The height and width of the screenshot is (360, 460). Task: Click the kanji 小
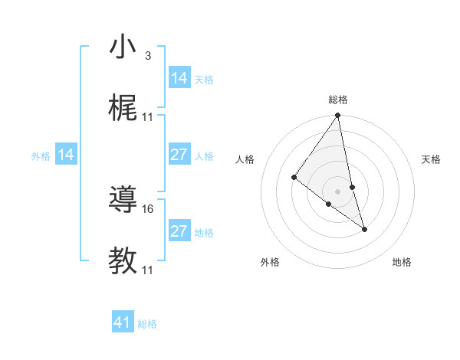click(123, 47)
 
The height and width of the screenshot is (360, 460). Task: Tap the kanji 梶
click(123, 109)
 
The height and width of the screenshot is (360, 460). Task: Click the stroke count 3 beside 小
click(147, 56)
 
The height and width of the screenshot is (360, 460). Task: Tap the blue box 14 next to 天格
click(179, 78)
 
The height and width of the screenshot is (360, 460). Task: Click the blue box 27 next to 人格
click(179, 155)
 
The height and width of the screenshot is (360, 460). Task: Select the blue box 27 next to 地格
click(179, 231)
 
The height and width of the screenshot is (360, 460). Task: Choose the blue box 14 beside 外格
click(66, 155)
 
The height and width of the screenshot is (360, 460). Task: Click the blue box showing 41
click(123, 322)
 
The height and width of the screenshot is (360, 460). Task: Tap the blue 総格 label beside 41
click(147, 324)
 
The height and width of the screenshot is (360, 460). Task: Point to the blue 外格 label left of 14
click(41, 155)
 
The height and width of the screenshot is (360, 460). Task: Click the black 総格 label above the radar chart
click(338, 100)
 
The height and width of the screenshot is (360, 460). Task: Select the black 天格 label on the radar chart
click(431, 159)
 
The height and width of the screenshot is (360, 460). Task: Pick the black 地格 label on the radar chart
click(402, 262)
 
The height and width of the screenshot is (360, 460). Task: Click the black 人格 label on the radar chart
click(245, 159)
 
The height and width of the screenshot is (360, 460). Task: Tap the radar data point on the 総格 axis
click(337, 116)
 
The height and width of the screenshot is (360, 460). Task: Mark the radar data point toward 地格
click(364, 228)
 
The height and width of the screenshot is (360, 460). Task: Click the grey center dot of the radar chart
click(337, 191)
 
